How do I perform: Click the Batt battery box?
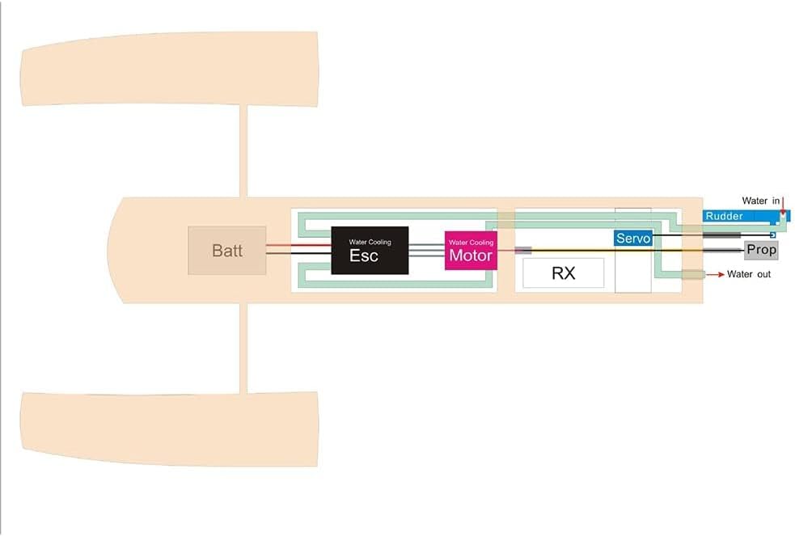[x=227, y=250]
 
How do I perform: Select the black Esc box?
[x=370, y=251]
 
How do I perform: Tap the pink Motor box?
[x=471, y=251]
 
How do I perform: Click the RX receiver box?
[x=563, y=273]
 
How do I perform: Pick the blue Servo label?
[x=633, y=239]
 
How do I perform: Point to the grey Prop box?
[x=760, y=250]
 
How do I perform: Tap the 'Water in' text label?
[x=760, y=201]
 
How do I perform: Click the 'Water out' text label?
[x=749, y=274]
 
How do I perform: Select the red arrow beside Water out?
[x=715, y=275]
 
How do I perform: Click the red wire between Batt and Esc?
[x=298, y=246]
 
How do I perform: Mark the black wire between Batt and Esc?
[x=298, y=255]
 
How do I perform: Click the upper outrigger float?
[x=170, y=69]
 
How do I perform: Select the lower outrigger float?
[x=170, y=429]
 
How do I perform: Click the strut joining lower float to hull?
[x=243, y=348]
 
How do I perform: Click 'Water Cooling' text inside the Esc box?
[x=370, y=242]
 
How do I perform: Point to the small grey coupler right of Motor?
[x=523, y=251]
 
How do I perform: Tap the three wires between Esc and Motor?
[x=426, y=251]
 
